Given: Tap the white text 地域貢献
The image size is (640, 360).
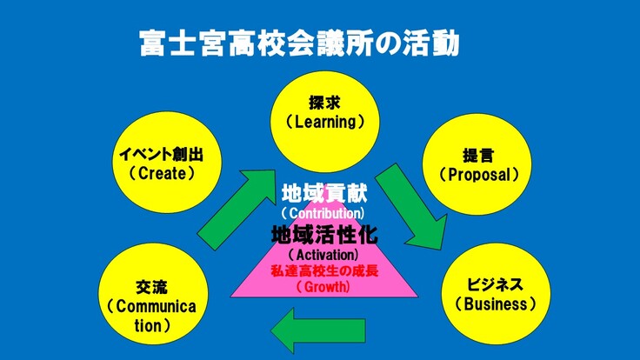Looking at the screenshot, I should [x=323, y=192].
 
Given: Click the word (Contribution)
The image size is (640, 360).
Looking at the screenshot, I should [x=323, y=212].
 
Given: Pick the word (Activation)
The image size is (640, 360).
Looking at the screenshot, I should [x=323, y=255].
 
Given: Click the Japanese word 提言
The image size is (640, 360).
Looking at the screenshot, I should [x=478, y=157].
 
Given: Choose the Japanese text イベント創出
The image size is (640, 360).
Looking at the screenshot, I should [x=161, y=155].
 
